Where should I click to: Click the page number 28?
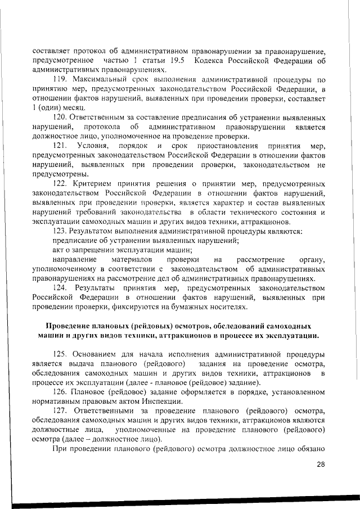point(321,464)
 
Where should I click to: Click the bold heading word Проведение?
point(73,326)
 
